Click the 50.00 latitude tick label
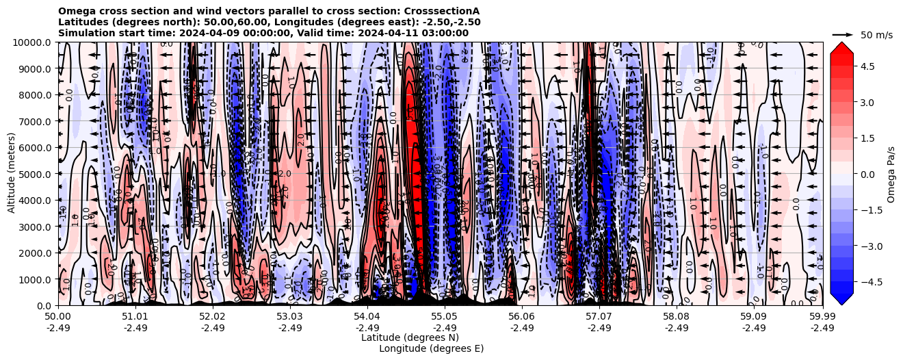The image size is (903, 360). click(58, 317)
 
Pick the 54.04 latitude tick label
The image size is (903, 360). click(367, 317)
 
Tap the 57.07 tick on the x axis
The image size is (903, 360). click(599, 317)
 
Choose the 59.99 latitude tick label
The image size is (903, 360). click(822, 317)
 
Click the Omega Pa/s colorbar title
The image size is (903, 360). click(891, 174)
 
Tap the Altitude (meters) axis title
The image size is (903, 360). click(12, 174)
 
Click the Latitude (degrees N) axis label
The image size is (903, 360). click(410, 337)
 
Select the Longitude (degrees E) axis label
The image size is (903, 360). click(431, 348)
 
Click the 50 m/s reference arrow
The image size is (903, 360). click(843, 34)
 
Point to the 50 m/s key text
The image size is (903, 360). click(876, 35)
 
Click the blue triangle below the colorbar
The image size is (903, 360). click(841, 298)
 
